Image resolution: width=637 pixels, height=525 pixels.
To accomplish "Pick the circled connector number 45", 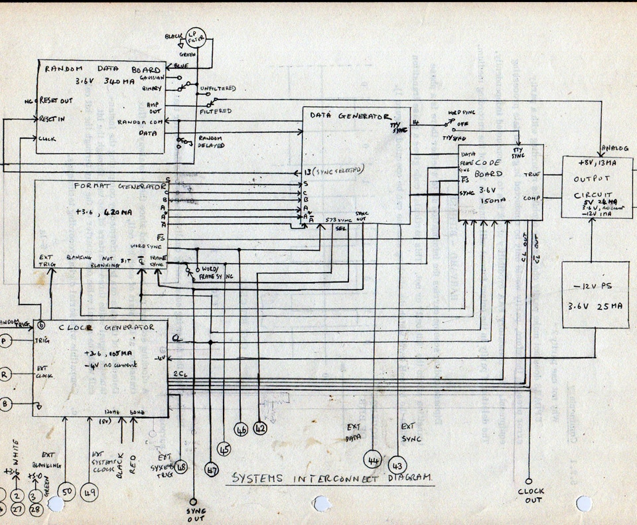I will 225,449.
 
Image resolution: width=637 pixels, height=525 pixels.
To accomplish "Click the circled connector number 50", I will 65,492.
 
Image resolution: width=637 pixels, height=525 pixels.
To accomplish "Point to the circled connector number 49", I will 90,492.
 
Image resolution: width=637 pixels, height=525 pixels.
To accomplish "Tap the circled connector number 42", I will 261,429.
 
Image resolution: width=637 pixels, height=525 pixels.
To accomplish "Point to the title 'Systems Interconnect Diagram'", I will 330,478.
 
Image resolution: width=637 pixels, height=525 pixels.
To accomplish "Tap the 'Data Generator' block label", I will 349,115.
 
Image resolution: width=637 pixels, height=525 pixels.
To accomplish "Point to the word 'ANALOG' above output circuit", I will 614,148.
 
